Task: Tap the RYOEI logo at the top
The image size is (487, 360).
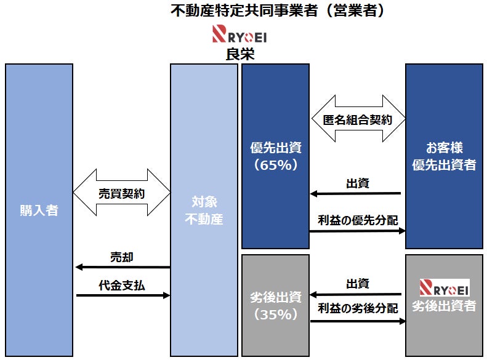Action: click(239, 34)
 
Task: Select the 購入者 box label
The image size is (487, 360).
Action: click(39, 210)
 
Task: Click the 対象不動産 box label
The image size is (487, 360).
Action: click(204, 210)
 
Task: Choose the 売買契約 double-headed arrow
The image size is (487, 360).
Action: click(122, 193)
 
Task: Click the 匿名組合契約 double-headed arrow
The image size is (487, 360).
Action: click(357, 119)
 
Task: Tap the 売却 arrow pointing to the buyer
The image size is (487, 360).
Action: click(122, 267)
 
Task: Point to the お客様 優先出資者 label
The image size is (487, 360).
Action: click(444, 157)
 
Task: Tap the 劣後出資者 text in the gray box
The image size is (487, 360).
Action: click(444, 306)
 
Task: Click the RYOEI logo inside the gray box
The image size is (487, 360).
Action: click(444, 287)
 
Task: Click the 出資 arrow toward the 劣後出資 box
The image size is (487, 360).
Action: click(356, 295)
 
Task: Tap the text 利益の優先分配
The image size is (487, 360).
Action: click(357, 220)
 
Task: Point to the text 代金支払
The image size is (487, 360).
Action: click(121, 286)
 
